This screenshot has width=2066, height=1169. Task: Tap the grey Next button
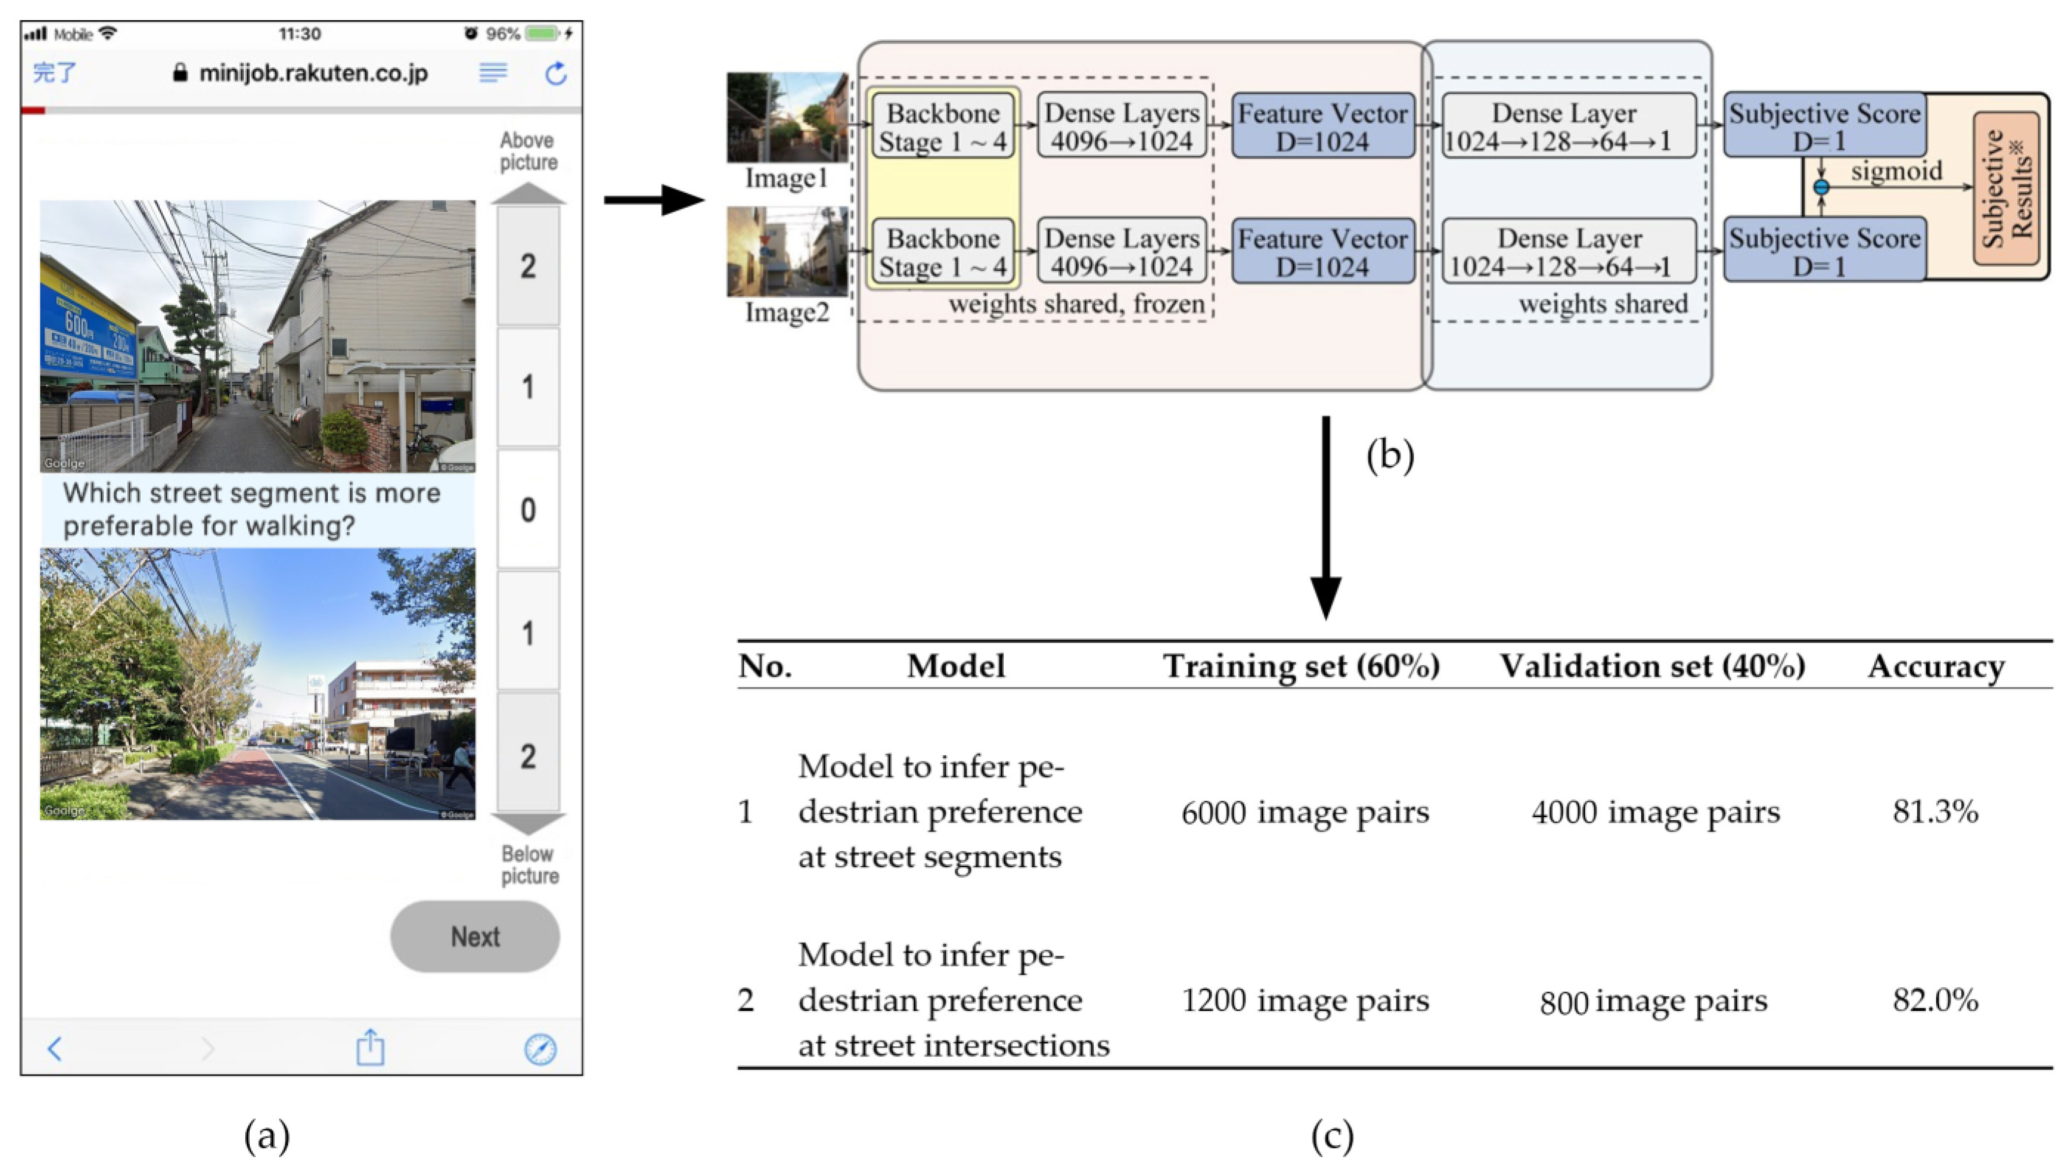(474, 936)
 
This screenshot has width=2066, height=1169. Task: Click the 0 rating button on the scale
(527, 509)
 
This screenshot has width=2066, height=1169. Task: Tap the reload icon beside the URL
(555, 74)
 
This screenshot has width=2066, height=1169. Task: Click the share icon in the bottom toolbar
(370, 1047)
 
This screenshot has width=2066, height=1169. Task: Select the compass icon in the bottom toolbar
(540, 1049)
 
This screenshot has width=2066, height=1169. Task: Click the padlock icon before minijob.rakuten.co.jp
(180, 73)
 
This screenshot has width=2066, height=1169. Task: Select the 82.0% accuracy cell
(1935, 999)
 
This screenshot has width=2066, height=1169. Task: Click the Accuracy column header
(1936, 666)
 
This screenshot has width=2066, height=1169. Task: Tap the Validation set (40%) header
(1653, 666)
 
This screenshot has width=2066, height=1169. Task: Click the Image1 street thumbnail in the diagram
(787, 118)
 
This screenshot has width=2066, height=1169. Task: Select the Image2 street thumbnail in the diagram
(787, 251)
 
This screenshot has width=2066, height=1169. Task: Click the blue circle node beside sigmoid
(1821, 187)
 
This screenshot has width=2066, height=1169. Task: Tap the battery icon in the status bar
(542, 34)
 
